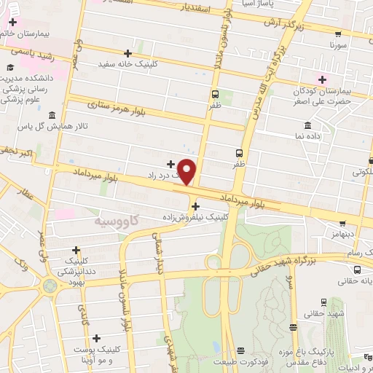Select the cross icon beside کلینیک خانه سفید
click(128, 53)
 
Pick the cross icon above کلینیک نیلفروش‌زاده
click(195, 206)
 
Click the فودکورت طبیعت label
click(240, 361)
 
